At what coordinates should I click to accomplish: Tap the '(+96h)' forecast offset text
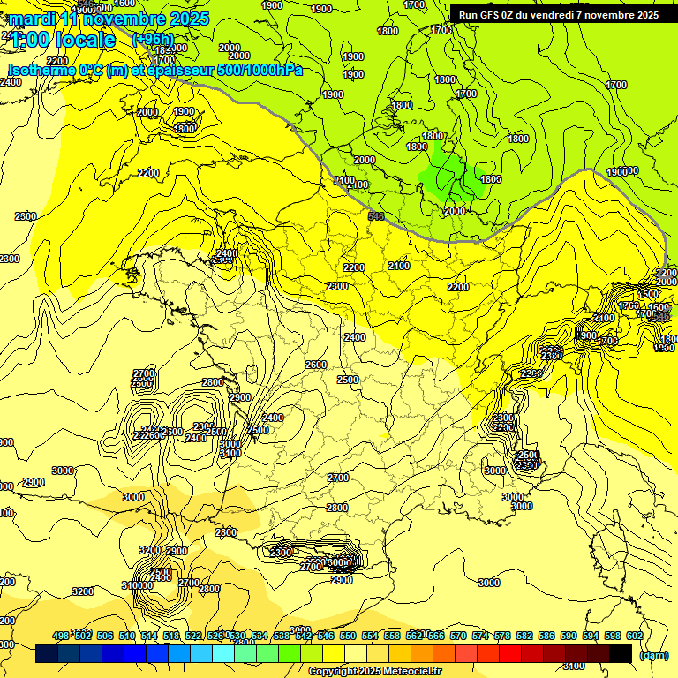(153, 40)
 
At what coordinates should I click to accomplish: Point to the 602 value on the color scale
(634, 636)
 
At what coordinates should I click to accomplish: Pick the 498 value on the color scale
(61, 636)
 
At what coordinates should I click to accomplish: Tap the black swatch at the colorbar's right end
(621, 653)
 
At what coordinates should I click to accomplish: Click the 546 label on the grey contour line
(376, 215)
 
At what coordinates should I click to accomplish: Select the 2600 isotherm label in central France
(315, 365)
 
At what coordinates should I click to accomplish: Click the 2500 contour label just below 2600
(348, 380)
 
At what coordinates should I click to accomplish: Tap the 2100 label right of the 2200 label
(399, 266)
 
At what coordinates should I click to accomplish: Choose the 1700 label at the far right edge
(616, 85)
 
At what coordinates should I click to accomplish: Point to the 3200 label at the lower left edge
(82, 591)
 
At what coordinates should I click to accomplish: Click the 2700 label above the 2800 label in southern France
(337, 478)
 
